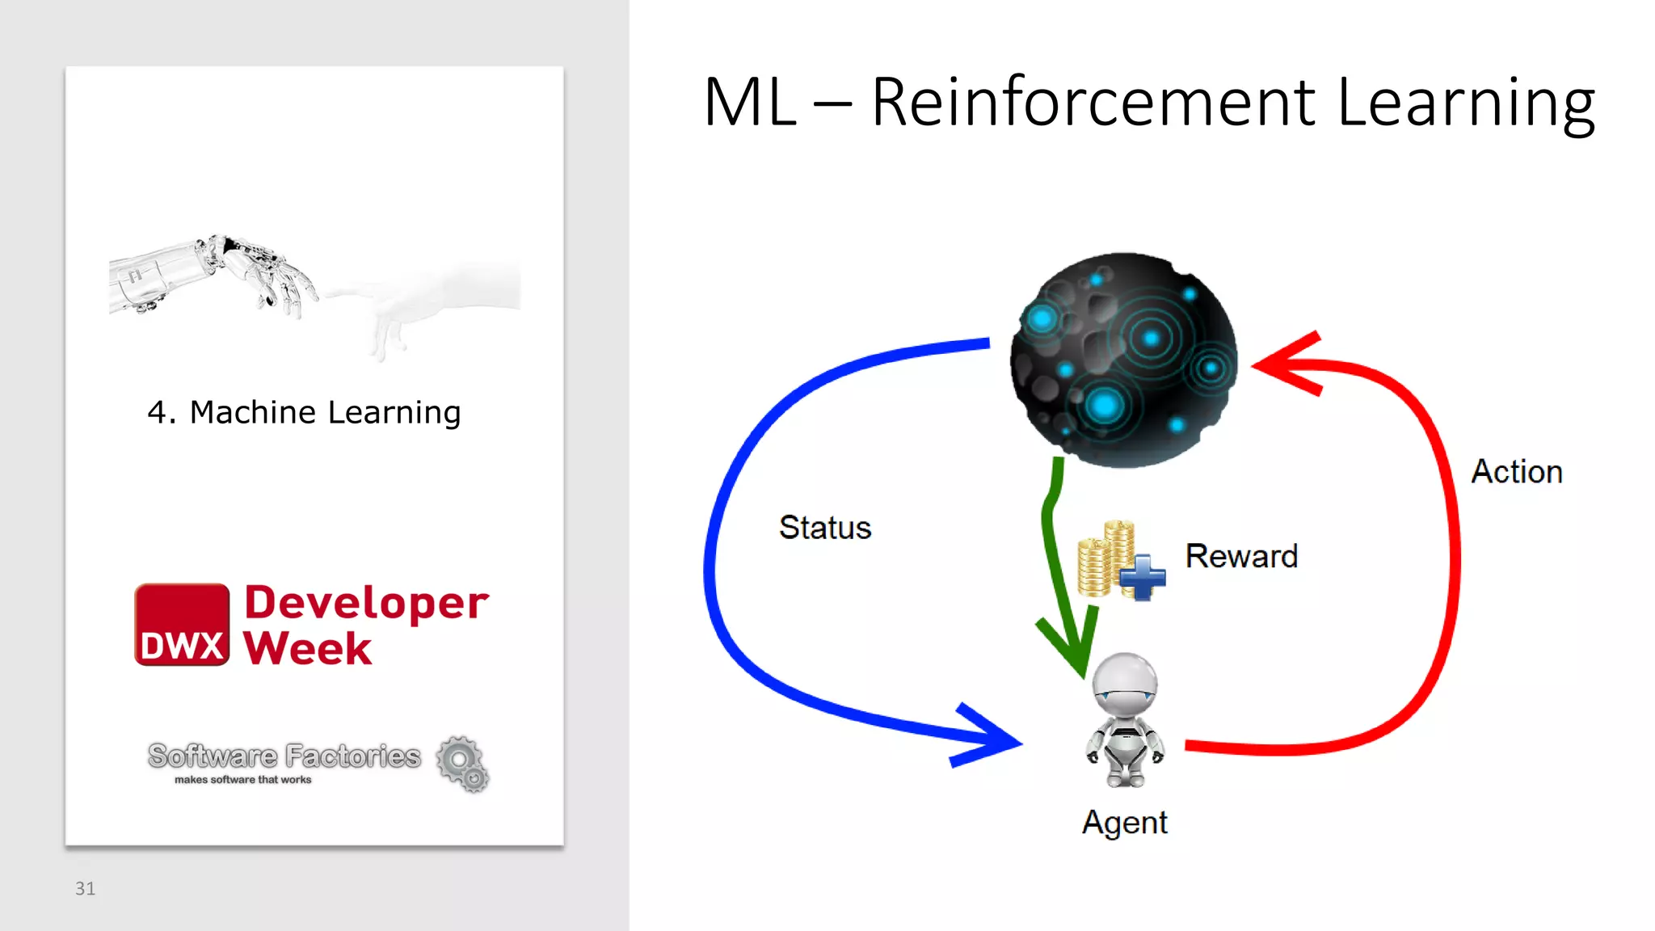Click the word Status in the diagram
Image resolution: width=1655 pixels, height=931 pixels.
pyautogui.click(x=825, y=528)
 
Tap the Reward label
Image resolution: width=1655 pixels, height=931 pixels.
pyautogui.click(x=1241, y=556)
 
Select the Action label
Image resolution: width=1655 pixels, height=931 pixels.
pyautogui.click(x=1517, y=472)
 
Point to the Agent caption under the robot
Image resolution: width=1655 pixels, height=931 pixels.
pyautogui.click(x=1125, y=823)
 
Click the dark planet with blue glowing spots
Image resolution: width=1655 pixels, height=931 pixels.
pyautogui.click(x=1123, y=360)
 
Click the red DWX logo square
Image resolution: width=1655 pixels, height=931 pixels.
pyautogui.click(x=182, y=625)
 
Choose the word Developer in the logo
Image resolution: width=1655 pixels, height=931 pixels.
pyautogui.click(x=366, y=603)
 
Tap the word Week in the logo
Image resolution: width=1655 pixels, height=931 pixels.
pyautogui.click(x=308, y=648)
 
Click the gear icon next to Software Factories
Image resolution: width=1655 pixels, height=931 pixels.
pyautogui.click(x=463, y=764)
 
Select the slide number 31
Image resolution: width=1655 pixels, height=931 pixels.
pyautogui.click(x=85, y=888)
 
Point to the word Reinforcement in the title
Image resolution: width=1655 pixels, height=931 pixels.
pyautogui.click(x=1093, y=103)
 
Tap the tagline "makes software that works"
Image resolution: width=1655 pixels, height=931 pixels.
pyautogui.click(x=242, y=780)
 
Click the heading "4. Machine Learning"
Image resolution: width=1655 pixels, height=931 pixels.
pyautogui.click(x=304, y=412)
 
